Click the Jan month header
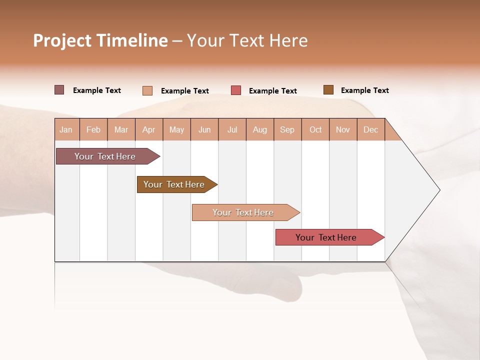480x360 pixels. point(66,129)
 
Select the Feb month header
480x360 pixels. point(93,129)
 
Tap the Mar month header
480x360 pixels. point(121,129)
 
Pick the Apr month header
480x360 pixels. point(149,129)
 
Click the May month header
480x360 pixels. point(176,129)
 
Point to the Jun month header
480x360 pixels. point(204,129)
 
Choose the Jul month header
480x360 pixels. point(232,129)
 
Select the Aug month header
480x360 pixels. point(260,129)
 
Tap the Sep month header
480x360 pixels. point(287,129)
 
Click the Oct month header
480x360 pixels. point(315,129)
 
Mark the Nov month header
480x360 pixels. point(343,129)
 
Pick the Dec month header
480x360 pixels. point(371,129)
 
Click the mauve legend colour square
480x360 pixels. point(59,90)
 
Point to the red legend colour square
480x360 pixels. point(236,90)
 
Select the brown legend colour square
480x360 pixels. point(328,90)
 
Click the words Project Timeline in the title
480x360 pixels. point(100,40)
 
